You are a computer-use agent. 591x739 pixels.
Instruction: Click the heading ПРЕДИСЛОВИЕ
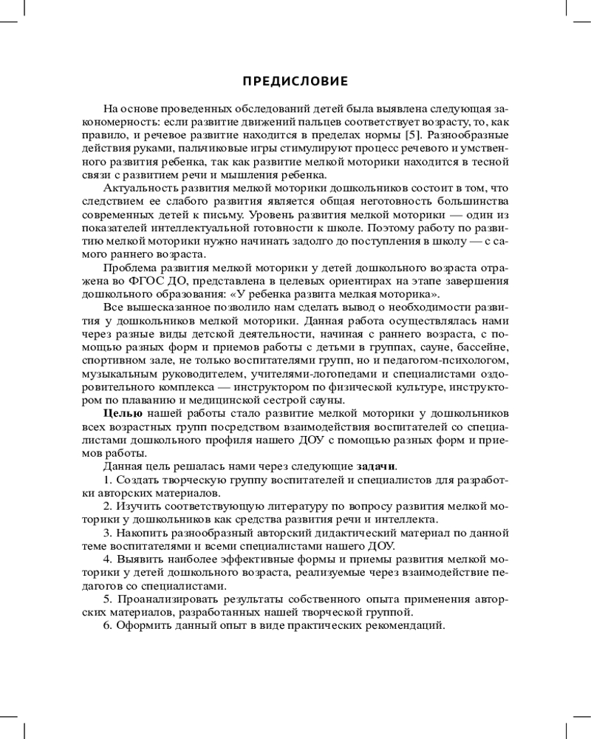pyautogui.click(x=295, y=81)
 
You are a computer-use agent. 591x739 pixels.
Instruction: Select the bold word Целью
pyautogui.click(x=121, y=415)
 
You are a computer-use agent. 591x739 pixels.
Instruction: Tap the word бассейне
pyautogui.click(x=482, y=347)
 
